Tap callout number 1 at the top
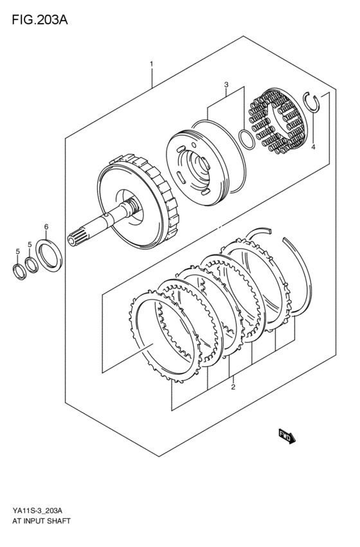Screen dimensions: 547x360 click(151, 64)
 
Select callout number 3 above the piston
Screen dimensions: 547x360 click(226, 85)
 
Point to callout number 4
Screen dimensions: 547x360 click(313, 147)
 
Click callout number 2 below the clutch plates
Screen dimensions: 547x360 click(233, 386)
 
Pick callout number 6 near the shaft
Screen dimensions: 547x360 click(46, 226)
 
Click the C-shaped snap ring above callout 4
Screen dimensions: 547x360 click(313, 101)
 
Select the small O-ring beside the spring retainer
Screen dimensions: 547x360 click(246, 138)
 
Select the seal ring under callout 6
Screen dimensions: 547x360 click(49, 253)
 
